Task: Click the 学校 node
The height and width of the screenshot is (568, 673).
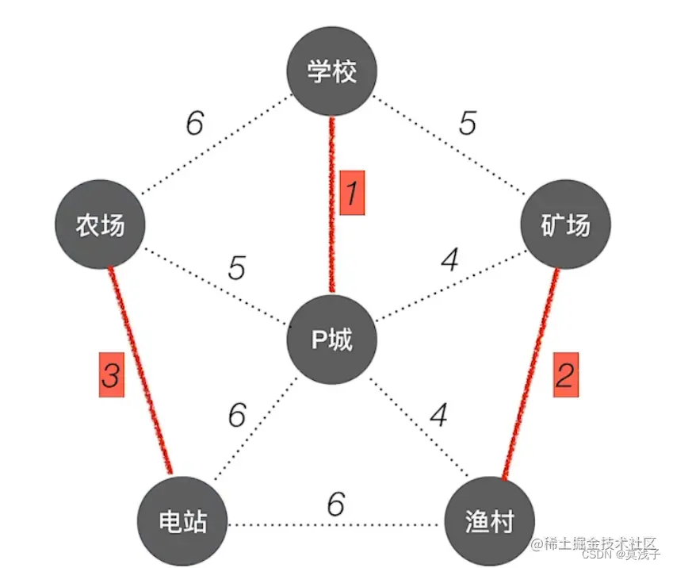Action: (331, 73)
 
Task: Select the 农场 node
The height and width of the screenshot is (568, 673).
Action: (101, 225)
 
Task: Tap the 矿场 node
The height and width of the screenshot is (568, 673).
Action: (566, 225)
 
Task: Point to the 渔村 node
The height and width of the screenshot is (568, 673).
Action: (489, 523)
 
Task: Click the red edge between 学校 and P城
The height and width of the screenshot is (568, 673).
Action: (332, 238)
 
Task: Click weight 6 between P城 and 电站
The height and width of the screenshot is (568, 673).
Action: (237, 414)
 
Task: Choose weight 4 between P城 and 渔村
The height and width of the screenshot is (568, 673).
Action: (438, 414)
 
